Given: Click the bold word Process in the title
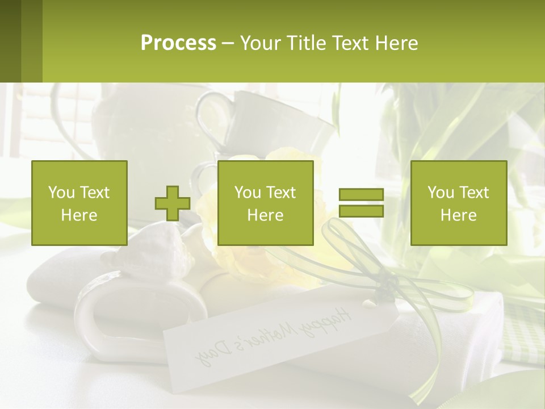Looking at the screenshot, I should coord(178,43).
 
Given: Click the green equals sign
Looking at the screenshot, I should coord(361,203).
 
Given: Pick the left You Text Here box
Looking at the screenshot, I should coord(79,203).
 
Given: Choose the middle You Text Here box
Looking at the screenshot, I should coord(265,203).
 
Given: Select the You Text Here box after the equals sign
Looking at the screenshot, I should coord(458,203).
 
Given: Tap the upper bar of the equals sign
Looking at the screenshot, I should coord(361,195).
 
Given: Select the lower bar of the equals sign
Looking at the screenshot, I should coord(361,211).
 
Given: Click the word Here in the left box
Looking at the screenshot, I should coord(79,215).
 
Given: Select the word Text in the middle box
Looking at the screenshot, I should coord(280,193).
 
